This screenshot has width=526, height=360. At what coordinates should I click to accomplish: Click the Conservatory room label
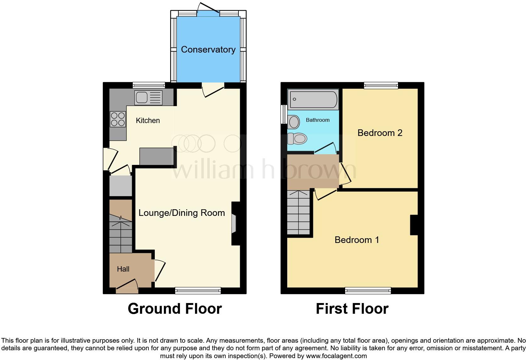pos(208,49)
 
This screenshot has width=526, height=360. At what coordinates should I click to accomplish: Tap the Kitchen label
pos(148,121)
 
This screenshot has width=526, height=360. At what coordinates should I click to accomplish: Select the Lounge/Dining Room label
pos(182,213)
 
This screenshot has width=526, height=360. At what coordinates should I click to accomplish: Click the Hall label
pos(123,269)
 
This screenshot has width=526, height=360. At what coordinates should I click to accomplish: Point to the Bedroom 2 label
pos(380,133)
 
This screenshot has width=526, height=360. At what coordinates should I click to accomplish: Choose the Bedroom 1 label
pos(357,240)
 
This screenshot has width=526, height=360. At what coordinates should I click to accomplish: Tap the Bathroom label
pos(317,120)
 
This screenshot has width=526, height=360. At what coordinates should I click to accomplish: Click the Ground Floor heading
pos(175,309)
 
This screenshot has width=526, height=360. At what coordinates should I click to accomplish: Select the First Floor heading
pos(352,309)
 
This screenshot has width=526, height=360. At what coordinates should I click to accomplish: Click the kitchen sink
pos(148,98)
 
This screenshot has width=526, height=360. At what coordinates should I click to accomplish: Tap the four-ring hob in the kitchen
pos(118,119)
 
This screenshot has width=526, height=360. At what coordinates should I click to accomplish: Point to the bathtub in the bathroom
pos(313,99)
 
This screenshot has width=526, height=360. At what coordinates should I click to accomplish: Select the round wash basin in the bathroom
pos(294,122)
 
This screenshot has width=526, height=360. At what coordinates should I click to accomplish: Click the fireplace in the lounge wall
pos(233,224)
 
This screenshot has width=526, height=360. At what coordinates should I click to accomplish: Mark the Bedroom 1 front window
pos(368,290)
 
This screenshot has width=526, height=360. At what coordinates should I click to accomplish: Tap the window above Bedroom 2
pos(381,85)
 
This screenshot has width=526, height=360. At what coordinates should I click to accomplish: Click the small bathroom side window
pos(284,114)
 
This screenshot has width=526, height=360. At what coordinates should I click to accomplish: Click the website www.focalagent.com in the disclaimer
pos(336,356)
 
